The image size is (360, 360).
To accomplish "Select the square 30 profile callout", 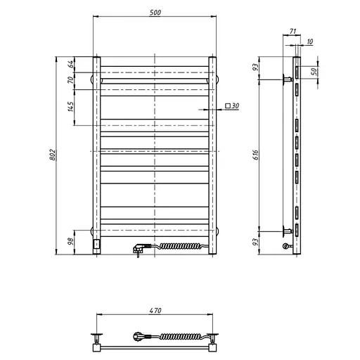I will pyautogui.click(x=232, y=105).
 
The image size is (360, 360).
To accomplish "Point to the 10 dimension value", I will pyautogui.click(x=309, y=42).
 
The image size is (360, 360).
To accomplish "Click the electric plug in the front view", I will pyautogui.click(x=139, y=247).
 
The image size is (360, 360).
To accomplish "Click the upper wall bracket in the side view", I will pyautogui.click(x=287, y=79).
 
